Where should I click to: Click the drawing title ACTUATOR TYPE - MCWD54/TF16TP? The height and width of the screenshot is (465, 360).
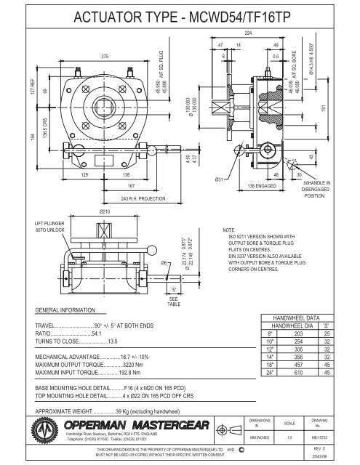180,15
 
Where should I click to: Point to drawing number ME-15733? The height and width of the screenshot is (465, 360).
337,440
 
